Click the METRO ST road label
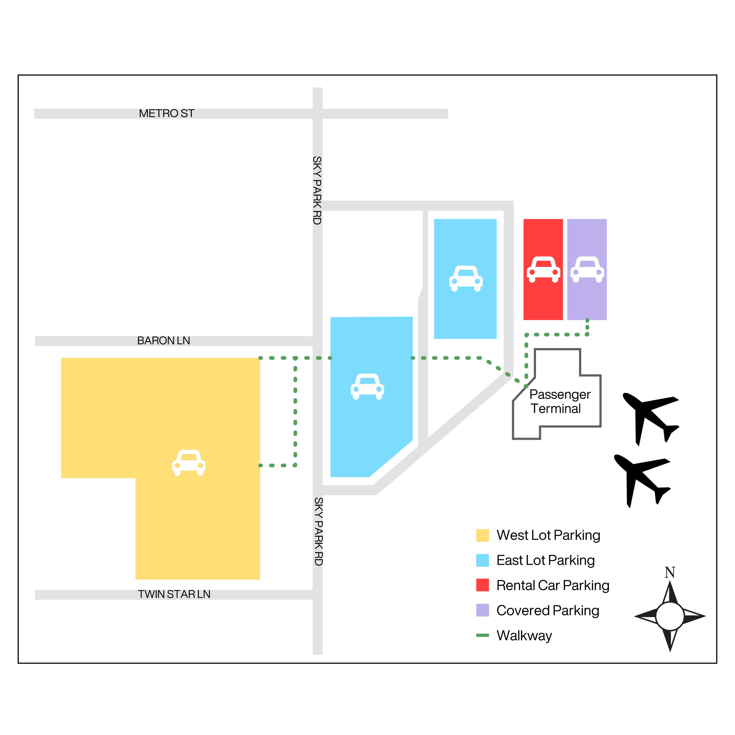coord(167,113)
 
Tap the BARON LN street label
coord(164,340)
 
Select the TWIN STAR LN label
coord(174,594)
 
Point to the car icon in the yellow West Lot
coord(189,463)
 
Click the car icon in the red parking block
coord(543,269)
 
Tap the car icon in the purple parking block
coord(587,269)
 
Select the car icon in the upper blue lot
coord(466,278)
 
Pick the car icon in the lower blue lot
coord(367,387)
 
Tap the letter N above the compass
coord(670,573)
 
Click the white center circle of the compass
coord(670,616)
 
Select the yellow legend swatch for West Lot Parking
coord(482,535)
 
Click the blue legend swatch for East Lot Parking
coord(482,560)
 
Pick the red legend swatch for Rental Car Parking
coord(482,585)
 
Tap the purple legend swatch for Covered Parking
coord(482,610)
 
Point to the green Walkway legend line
coord(482,635)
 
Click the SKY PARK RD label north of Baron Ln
coord(317,190)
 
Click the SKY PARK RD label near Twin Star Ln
coord(318,531)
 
